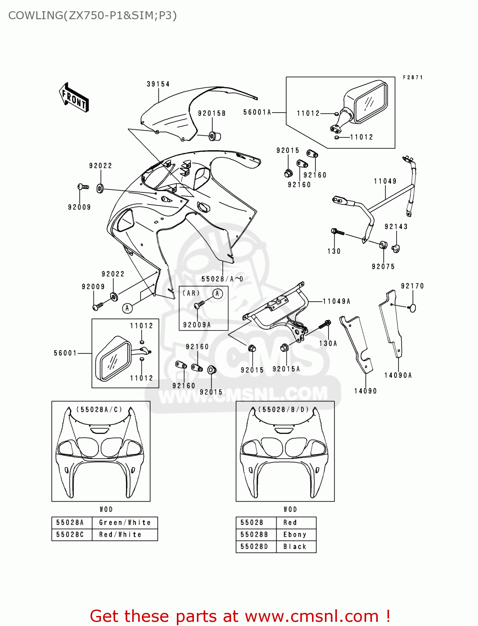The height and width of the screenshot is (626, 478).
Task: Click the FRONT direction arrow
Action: click(74, 98)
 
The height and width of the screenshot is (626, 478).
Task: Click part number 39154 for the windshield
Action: click(158, 84)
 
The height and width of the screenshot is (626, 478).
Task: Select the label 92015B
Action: click(211, 114)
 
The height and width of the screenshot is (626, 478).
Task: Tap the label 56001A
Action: click(257, 112)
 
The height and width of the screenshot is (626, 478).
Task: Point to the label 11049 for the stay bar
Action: click(385, 181)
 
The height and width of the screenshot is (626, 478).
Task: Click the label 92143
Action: click(396, 227)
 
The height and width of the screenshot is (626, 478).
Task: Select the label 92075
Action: click(383, 266)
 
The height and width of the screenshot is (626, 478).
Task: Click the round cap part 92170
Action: click(413, 308)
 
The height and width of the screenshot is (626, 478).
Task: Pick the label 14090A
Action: click(398, 375)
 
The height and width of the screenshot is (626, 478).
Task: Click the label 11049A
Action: click(337, 301)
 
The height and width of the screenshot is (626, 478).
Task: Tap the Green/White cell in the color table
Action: click(125, 523)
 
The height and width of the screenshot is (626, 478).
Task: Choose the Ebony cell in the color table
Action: click(295, 535)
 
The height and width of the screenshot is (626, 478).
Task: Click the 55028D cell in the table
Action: click(254, 547)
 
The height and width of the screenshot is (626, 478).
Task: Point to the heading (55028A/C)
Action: click(99, 409)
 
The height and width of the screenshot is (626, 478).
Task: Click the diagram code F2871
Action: click(413, 78)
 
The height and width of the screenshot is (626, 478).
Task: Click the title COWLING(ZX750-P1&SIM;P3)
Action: click(92, 15)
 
